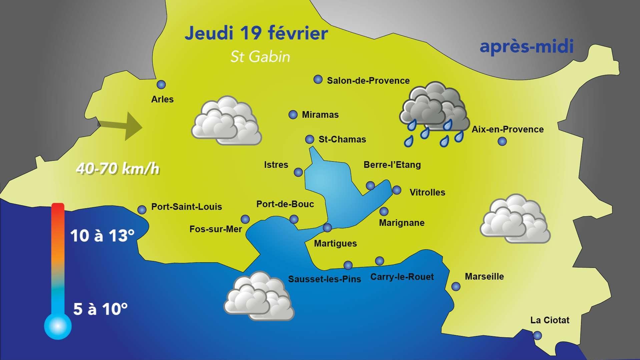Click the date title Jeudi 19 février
(256, 33)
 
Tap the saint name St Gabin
(260, 57)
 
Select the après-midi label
(527, 46)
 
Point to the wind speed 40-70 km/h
(118, 169)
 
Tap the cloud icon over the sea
(259, 297)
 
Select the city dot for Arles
(161, 85)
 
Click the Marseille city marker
(456, 286)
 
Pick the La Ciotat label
(550, 320)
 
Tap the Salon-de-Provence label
(368, 81)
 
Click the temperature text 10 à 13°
(102, 236)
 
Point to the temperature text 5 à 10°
(100, 309)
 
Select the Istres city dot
(298, 172)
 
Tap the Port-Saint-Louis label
(186, 207)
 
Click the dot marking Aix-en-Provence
(502, 141)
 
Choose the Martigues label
(335, 244)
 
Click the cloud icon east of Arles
(226, 121)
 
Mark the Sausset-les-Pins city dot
(348, 265)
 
